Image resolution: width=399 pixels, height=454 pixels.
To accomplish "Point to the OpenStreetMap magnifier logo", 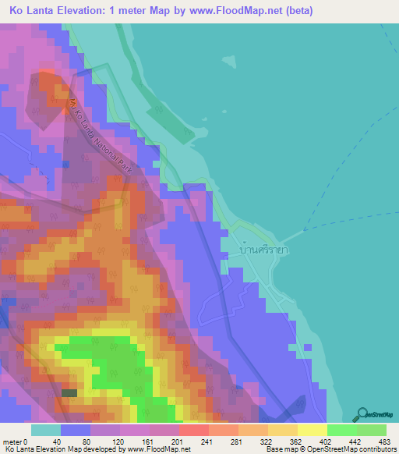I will tap(364, 414).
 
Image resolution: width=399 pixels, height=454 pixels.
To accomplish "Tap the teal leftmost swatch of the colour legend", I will tap(46, 430).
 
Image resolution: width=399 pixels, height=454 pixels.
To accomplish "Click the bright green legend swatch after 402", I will tap(341, 430).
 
